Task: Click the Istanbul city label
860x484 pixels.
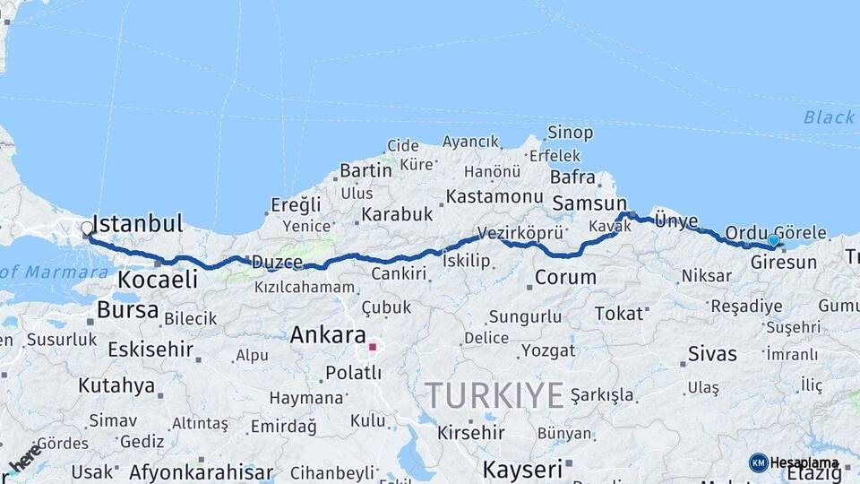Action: (x=137, y=223)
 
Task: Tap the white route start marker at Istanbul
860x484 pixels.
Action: (x=87, y=229)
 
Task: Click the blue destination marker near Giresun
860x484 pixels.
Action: (x=773, y=240)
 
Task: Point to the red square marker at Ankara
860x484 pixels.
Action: (x=373, y=346)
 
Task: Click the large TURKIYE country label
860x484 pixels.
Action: (x=494, y=395)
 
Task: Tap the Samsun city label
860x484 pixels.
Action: (x=589, y=203)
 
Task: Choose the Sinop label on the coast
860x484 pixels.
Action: (x=570, y=133)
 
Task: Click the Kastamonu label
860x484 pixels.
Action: (x=494, y=196)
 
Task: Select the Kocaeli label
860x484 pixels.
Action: (x=157, y=280)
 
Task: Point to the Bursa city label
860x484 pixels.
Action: (x=128, y=310)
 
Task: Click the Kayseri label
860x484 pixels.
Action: (x=522, y=468)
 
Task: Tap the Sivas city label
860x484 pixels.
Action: (x=712, y=353)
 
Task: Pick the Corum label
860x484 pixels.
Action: (x=565, y=277)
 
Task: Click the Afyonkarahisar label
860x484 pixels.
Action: (x=201, y=471)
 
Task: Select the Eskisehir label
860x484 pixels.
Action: (x=150, y=349)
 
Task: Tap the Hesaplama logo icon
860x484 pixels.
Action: (x=759, y=462)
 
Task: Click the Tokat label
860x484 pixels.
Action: (x=619, y=313)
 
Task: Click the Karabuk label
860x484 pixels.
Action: (x=397, y=214)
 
